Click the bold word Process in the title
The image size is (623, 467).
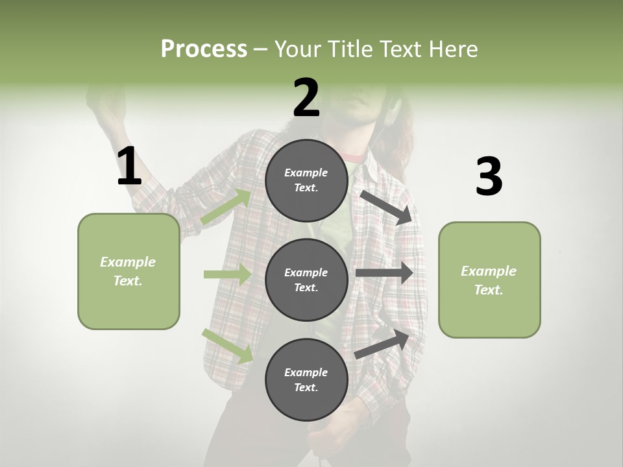[x=204, y=49]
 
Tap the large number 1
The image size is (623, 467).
[x=129, y=166]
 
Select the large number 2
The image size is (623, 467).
[x=306, y=97]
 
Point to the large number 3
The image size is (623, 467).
[x=489, y=177]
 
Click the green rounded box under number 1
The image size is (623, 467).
[x=128, y=271]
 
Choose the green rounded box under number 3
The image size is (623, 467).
[x=489, y=280]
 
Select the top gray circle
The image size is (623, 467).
[x=306, y=180]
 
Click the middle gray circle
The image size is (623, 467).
[x=306, y=280]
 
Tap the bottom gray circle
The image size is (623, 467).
[x=306, y=379]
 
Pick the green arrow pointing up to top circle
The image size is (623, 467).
[x=226, y=207]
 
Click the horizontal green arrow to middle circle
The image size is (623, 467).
[x=227, y=274]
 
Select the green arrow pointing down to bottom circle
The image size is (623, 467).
[x=227, y=346]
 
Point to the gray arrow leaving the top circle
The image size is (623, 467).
[x=387, y=207]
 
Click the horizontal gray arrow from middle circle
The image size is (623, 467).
[x=384, y=272]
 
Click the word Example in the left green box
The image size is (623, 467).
[x=128, y=262]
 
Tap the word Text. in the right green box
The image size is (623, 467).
[x=489, y=290]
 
